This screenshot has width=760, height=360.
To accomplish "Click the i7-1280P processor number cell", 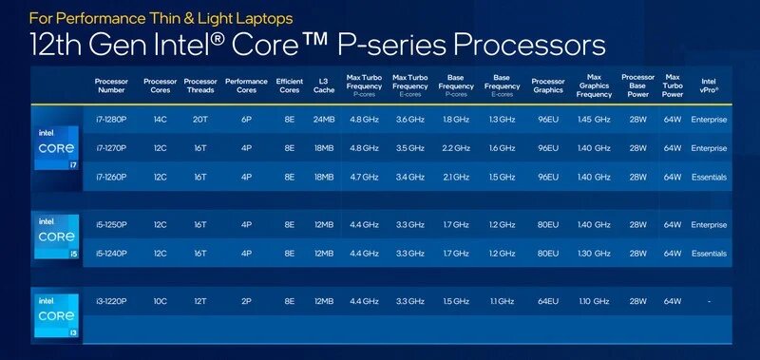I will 111,120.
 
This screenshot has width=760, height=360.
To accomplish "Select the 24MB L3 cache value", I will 324,120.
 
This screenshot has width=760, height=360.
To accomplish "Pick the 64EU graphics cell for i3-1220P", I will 547,301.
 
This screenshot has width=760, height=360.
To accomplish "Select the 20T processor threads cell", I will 199,120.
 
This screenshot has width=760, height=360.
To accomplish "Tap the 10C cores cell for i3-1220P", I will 159,301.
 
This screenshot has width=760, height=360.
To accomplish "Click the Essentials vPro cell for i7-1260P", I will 709,177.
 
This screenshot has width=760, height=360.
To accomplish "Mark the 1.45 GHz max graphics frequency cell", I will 594,120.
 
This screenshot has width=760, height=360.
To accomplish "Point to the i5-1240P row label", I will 111,254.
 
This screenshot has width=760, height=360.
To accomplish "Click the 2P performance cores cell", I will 246,301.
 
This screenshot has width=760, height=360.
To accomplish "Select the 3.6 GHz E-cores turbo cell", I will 409,120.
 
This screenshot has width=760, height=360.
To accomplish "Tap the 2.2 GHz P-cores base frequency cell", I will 457,148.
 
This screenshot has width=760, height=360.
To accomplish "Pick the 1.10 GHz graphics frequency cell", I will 594,301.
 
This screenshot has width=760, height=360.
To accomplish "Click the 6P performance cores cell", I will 246,120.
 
